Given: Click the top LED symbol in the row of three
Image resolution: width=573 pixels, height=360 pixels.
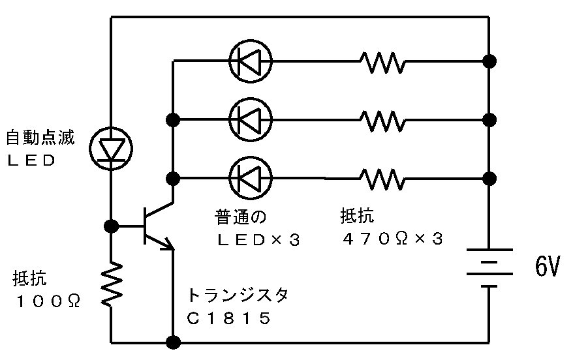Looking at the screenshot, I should point(251,61).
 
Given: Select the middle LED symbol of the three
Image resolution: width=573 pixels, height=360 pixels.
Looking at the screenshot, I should point(251,119).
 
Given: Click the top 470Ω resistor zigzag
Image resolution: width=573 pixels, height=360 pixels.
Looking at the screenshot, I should point(382,62).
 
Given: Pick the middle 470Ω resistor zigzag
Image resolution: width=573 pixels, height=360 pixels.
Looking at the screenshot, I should point(382,119).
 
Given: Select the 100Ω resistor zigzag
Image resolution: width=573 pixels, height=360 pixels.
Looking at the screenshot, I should point(111,283).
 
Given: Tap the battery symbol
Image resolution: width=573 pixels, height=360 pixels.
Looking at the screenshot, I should point(489,268).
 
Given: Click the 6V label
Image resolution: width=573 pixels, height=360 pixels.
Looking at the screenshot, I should point(547,267).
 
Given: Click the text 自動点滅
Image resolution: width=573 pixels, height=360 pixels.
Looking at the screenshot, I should point(40,138).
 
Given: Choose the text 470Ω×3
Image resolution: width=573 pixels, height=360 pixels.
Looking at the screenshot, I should point(392,239).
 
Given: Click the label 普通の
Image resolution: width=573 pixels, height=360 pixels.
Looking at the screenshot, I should point(241,216).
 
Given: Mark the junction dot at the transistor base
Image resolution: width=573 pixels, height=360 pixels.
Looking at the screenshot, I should point(111,226).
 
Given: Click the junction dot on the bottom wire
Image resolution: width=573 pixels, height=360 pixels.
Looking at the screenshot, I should point(174,342).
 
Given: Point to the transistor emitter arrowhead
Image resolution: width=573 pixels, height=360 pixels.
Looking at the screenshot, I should point(170,246).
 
